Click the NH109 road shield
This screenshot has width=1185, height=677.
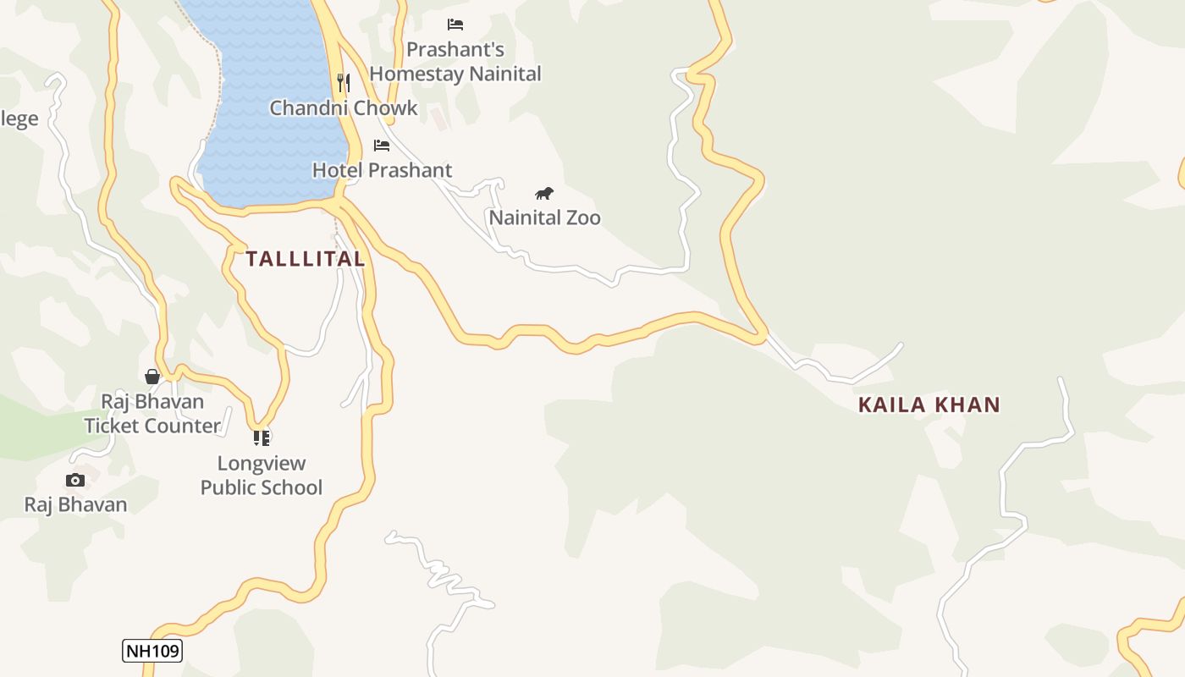[x=152, y=651]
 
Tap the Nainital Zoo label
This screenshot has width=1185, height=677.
[x=544, y=217]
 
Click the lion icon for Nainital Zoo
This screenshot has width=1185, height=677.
[x=544, y=194]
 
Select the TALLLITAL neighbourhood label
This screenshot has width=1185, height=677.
[x=306, y=259]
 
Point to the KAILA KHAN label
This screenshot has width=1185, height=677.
[x=929, y=405]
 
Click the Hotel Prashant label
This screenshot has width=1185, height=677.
[x=382, y=170]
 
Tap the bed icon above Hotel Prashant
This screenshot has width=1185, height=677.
[x=382, y=146]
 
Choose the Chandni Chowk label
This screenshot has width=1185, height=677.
[x=344, y=107]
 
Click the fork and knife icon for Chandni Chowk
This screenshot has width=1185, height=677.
[x=343, y=82]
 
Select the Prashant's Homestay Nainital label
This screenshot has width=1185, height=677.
[x=455, y=62]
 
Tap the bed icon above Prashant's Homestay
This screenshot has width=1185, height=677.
[x=455, y=25]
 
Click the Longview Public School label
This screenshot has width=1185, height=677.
[x=262, y=475]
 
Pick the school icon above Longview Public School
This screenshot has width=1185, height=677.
[x=262, y=438]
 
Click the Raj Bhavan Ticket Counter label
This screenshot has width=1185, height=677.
[x=152, y=413]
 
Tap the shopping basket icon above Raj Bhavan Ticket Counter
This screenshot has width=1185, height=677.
[x=152, y=377]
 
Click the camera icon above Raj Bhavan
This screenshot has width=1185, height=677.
[x=75, y=481]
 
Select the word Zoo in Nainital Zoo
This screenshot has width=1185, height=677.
[x=583, y=217]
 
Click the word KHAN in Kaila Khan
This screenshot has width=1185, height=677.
[x=967, y=405]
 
